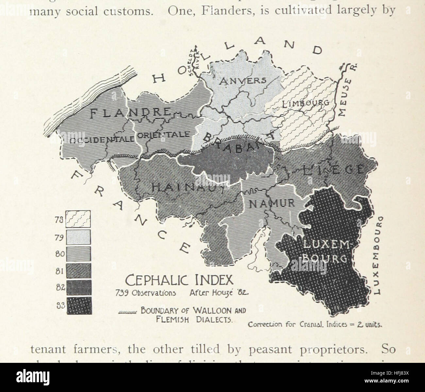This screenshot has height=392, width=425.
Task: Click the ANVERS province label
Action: pos(242,81)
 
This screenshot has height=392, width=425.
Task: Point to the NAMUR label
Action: pos(272,203)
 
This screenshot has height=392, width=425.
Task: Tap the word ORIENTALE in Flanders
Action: pos(162,135)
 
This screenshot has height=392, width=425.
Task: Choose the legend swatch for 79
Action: pos(78,237)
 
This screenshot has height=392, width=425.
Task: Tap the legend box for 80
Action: pos(78,253)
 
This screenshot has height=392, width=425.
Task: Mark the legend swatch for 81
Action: pos(78,271)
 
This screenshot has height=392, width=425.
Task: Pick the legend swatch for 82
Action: pos(78,287)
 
